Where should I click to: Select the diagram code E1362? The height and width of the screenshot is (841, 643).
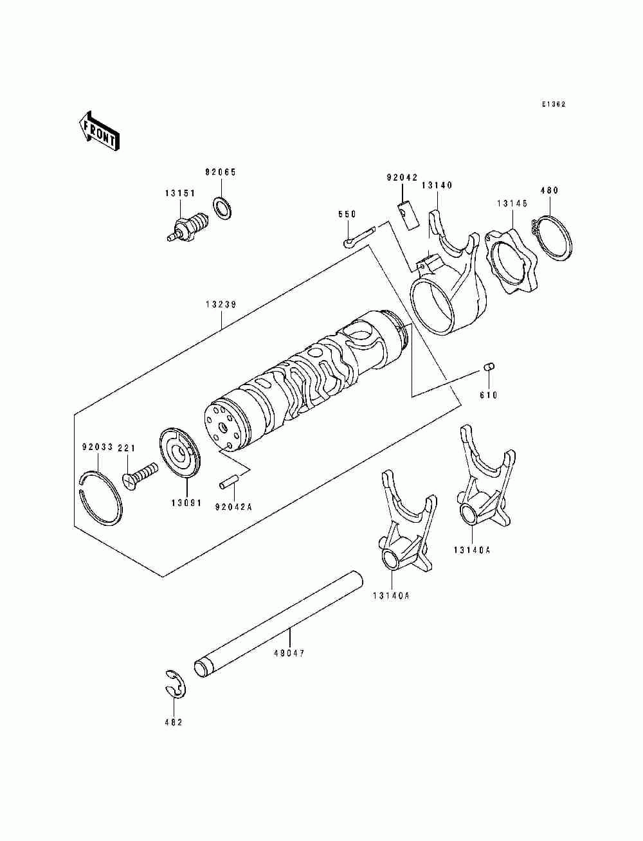tap(553, 104)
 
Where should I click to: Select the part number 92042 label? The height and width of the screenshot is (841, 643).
tap(402, 177)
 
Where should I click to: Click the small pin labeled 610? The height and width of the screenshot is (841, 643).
tap(488, 368)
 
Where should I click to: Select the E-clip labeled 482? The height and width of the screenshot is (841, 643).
tap(173, 687)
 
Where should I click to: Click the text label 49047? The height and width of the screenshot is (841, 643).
tap(289, 653)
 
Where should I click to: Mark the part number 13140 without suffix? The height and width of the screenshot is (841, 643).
tap(437, 185)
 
